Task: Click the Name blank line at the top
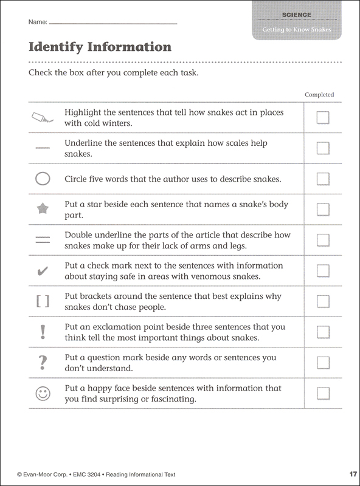click(112, 23)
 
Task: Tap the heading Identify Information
click(100, 47)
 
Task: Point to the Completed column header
click(319, 95)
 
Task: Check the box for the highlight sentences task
click(323, 118)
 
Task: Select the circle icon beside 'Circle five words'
click(42, 179)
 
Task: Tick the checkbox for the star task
click(323, 210)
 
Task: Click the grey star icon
click(42, 210)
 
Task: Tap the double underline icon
click(42, 241)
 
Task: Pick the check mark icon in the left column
click(42, 271)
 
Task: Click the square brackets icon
click(42, 301)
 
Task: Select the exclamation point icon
click(42, 332)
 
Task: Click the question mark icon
click(42, 362)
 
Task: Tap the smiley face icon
click(42, 393)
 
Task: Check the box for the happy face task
click(323, 393)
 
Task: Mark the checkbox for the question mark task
click(323, 363)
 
